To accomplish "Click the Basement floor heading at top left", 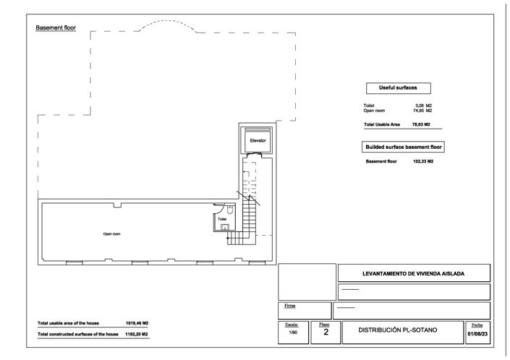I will (x=56, y=27).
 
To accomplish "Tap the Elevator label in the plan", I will (x=258, y=140).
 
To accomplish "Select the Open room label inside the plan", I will (x=111, y=234).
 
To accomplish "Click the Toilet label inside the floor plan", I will (x=222, y=218).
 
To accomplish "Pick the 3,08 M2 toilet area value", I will (x=424, y=106).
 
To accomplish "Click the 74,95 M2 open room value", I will (x=422, y=111).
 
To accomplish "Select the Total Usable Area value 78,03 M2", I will (x=422, y=124).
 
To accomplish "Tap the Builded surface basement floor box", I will (x=403, y=147).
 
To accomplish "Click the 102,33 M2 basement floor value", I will (x=422, y=161).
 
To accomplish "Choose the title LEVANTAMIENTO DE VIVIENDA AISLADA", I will (x=413, y=273).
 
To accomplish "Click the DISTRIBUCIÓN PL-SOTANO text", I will (x=407, y=330).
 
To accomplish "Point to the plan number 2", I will (x=326, y=332).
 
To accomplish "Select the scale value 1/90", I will (x=292, y=333).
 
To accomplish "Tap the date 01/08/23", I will (x=478, y=333).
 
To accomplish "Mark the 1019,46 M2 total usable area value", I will (x=137, y=322).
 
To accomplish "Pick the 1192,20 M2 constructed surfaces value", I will (x=137, y=334).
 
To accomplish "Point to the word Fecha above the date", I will (x=477, y=325).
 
